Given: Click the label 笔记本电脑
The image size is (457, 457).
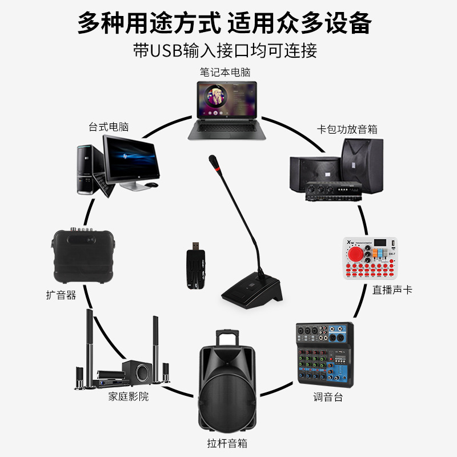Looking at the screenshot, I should click(x=225, y=73).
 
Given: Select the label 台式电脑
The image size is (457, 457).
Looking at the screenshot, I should click(x=108, y=127).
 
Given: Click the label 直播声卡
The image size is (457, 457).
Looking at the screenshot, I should click(x=392, y=290).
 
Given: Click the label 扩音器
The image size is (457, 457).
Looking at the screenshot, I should click(x=61, y=295).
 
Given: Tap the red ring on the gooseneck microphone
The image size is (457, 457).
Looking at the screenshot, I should click(x=215, y=169).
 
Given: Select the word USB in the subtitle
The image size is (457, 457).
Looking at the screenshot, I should click(x=166, y=50).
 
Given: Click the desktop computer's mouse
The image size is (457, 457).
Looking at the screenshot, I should click(x=151, y=185).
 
